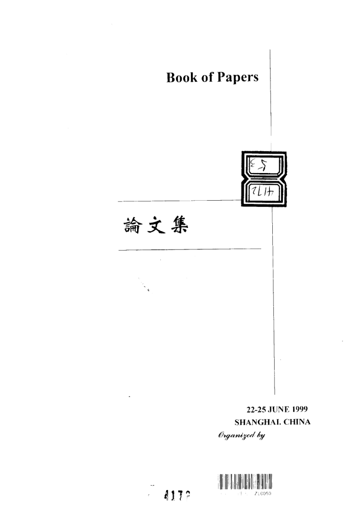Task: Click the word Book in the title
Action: coord(181,78)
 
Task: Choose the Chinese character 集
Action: coord(182,225)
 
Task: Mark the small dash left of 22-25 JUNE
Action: coord(130,397)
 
